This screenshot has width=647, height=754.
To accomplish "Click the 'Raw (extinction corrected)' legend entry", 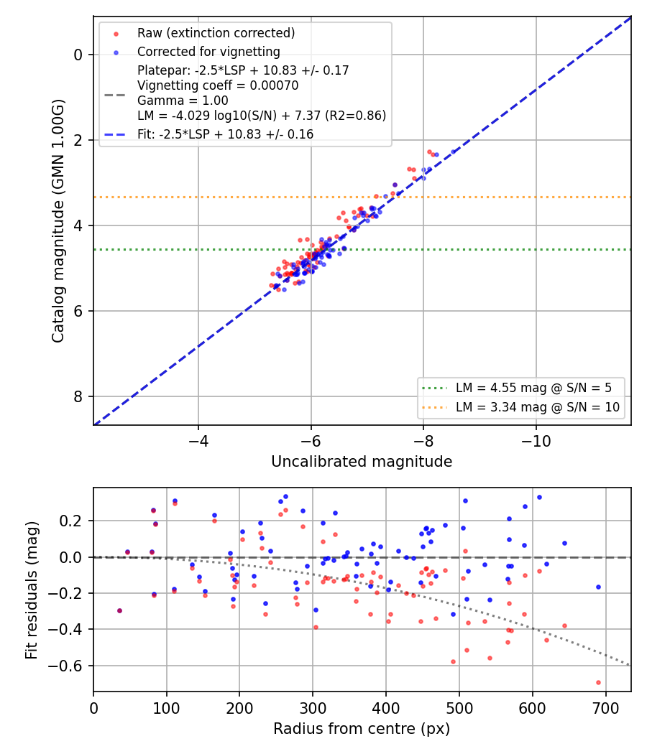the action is (216, 33).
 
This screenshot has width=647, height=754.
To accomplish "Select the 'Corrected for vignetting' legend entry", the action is (208, 52).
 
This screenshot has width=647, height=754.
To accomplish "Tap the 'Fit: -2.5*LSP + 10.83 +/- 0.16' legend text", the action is (225, 134).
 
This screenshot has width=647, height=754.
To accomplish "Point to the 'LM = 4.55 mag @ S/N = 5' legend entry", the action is (533, 388).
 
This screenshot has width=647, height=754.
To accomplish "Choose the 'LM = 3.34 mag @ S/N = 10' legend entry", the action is (538, 407).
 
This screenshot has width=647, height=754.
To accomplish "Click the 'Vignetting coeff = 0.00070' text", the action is (218, 85).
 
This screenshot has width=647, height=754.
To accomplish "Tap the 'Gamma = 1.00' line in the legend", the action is (183, 101).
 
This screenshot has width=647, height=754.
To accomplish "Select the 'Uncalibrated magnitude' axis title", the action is (362, 462).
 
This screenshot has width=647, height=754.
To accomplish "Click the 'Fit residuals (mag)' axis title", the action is (32, 590).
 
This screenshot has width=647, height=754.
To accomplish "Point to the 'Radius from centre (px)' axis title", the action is (362, 729).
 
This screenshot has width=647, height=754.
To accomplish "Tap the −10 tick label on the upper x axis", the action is (536, 441).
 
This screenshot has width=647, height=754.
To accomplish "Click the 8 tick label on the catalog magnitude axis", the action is (78, 396).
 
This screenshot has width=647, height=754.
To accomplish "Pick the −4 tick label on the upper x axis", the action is (198, 441).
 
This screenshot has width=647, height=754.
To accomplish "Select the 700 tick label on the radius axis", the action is (605, 708).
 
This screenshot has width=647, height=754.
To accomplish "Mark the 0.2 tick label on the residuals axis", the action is (72, 521).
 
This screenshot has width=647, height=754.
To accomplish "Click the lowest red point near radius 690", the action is (598, 682).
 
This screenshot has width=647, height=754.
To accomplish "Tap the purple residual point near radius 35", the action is (119, 610).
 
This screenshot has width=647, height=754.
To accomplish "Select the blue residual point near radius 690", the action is (598, 587).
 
